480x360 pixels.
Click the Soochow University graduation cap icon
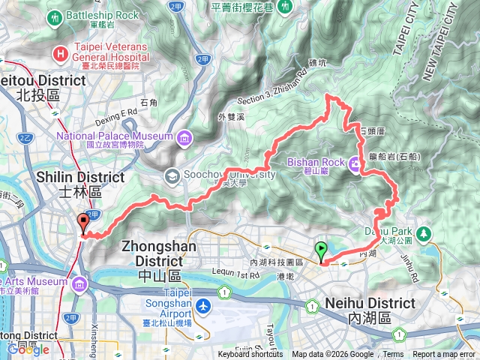[171, 175]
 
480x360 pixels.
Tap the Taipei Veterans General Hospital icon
[60, 53]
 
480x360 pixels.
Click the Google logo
[28, 349]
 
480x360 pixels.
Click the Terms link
[393, 355]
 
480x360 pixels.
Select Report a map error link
[444, 355]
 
